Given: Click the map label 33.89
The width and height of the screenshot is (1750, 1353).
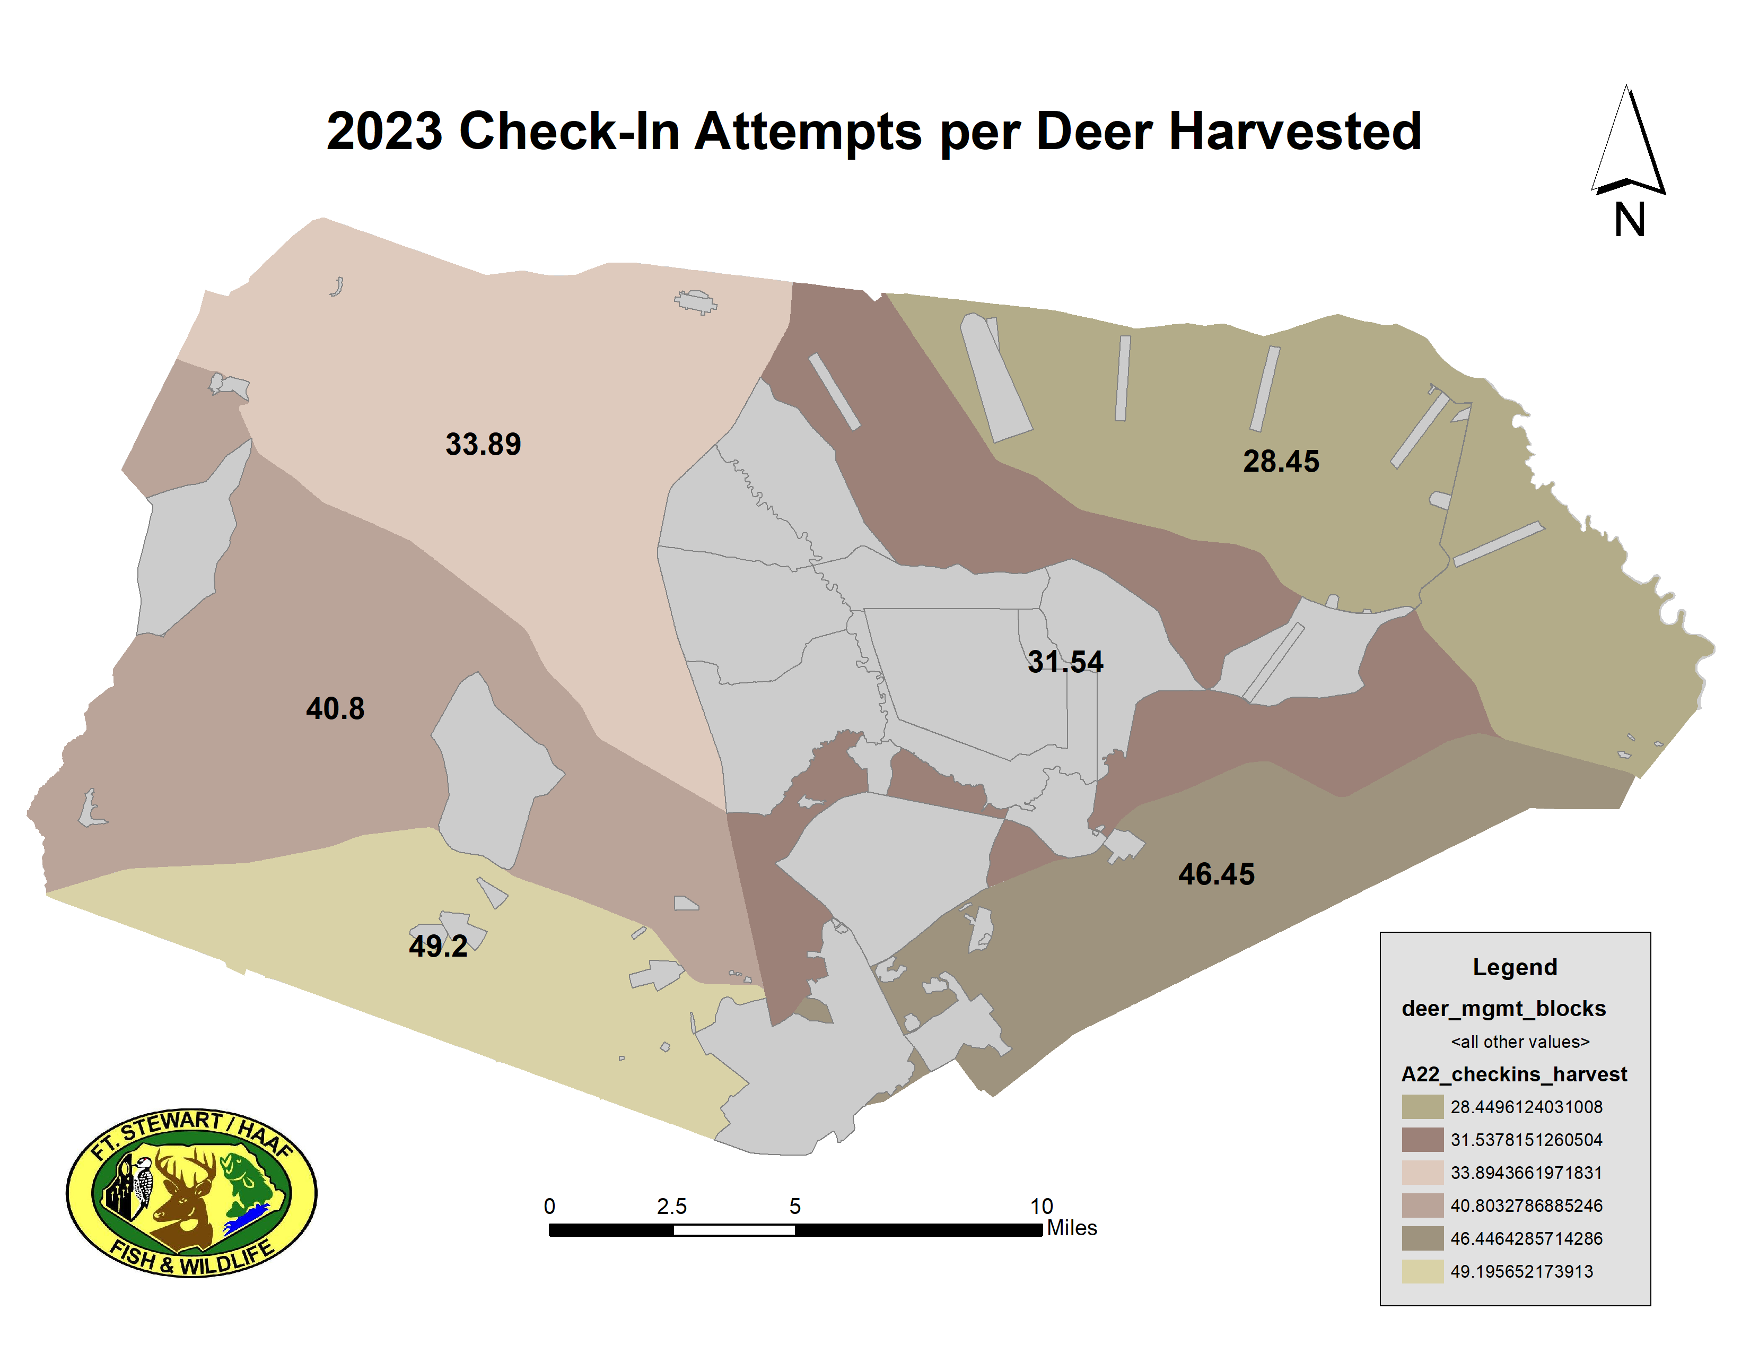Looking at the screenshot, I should tap(483, 444).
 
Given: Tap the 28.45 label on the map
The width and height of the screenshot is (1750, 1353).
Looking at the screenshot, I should tap(1281, 461).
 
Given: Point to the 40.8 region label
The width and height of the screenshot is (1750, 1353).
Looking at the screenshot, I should tap(335, 708).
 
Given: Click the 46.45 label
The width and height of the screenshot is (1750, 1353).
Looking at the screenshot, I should tap(1215, 874).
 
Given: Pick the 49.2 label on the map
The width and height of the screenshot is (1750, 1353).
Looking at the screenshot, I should tap(437, 946).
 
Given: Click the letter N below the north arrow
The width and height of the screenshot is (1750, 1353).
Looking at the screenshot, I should tap(1629, 220).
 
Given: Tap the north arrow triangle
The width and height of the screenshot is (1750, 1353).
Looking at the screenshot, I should tap(1628, 144).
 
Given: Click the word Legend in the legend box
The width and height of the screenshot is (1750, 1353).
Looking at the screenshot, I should tap(1515, 967).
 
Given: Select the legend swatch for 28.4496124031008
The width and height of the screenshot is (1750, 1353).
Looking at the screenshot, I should tap(1422, 1107).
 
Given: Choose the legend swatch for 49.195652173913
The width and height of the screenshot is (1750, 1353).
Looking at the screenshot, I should tap(1422, 1271).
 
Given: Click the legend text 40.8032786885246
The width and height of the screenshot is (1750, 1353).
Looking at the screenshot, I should tap(1526, 1205).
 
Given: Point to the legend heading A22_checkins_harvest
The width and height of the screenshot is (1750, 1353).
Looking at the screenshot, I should tap(1513, 1074).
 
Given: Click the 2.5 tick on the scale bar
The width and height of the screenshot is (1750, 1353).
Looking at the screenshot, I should tap(671, 1207).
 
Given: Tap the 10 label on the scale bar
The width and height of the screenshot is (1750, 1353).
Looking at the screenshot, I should tap(1041, 1207).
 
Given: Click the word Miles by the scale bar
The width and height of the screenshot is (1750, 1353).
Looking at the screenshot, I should tap(1071, 1228).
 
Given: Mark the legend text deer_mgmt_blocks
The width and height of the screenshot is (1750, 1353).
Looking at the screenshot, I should tap(1503, 1008).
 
